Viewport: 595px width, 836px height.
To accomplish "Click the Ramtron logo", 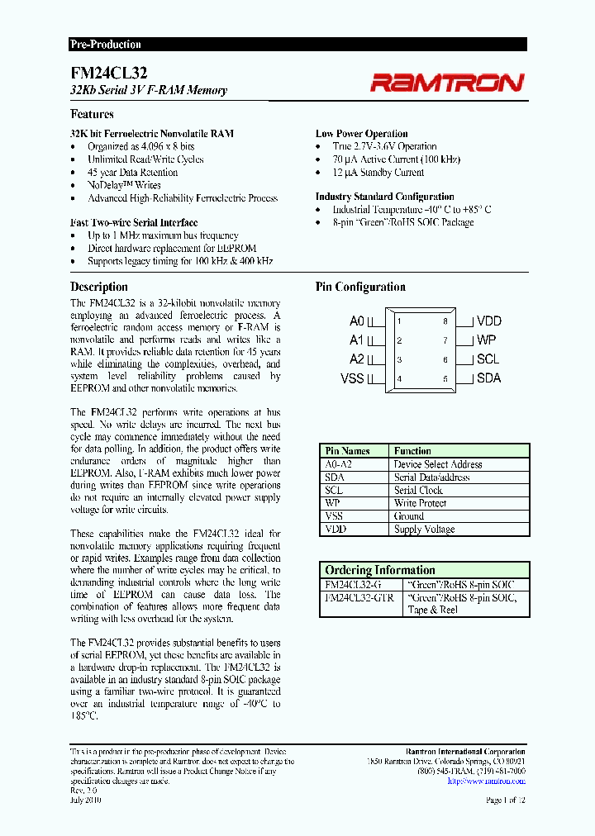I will pyautogui.click(x=446, y=82).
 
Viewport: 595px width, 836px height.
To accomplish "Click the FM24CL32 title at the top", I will pyautogui.click(x=98, y=73).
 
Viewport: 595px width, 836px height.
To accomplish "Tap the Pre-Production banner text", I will pyautogui.click(x=105, y=45).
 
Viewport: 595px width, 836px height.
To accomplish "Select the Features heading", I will pyautogui.click(x=92, y=114).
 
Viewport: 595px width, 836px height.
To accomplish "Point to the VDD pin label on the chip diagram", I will pyautogui.click(x=488, y=321).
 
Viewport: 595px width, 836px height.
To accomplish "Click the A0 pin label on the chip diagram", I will pyautogui.click(x=356, y=321).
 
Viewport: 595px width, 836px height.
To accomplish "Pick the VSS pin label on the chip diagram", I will pyautogui.click(x=352, y=379).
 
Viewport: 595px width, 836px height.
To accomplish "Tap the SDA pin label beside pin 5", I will pyautogui.click(x=488, y=379).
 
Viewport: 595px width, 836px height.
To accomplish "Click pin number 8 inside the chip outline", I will pyautogui.click(x=445, y=321).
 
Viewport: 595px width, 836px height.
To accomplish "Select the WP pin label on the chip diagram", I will pyautogui.click(x=486, y=340).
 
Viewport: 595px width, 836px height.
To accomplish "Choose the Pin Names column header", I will pyautogui.click(x=347, y=451).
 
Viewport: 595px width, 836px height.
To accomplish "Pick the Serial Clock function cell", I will pyautogui.click(x=418, y=490).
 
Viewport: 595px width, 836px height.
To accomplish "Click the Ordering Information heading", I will pyautogui.click(x=379, y=570).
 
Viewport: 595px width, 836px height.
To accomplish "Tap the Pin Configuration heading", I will pyautogui.click(x=360, y=287).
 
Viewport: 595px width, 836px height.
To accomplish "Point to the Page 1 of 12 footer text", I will pyautogui.click(x=506, y=800).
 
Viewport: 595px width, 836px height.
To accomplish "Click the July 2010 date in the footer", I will pyautogui.click(x=86, y=800).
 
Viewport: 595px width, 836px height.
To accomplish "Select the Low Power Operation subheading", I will pyautogui.click(x=361, y=133).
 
